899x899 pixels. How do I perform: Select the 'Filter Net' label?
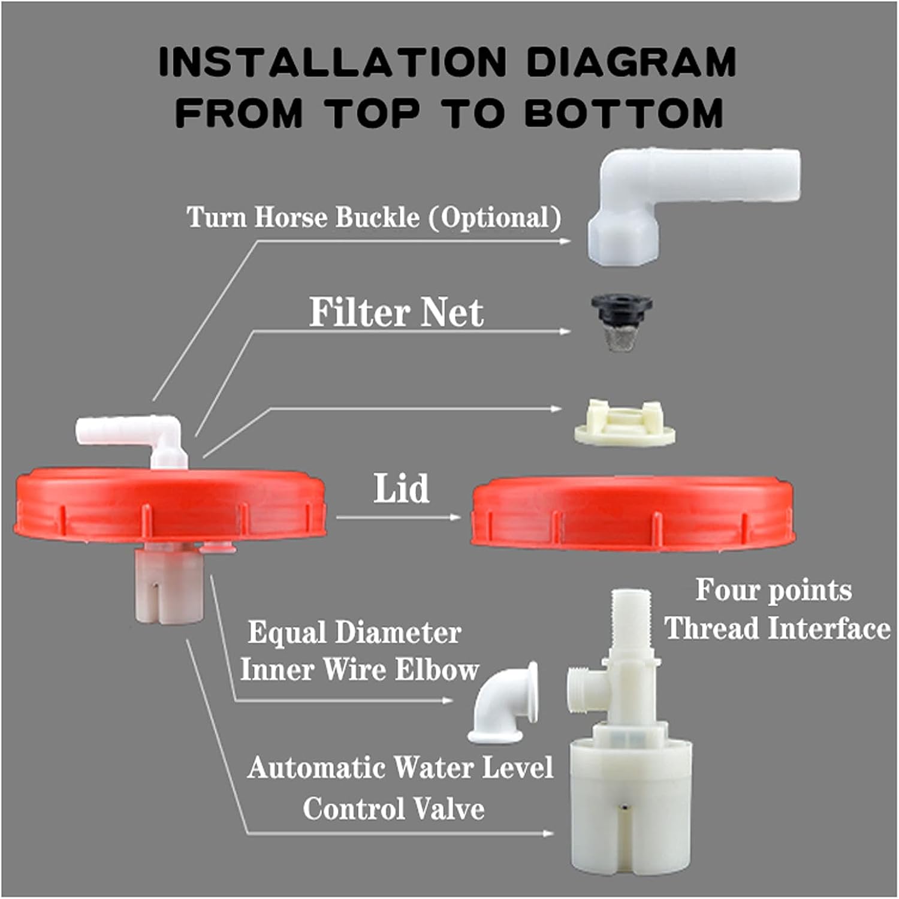pos(396,312)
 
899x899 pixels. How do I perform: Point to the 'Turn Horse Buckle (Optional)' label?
pos(373,217)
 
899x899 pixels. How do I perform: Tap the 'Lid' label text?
pos(401,488)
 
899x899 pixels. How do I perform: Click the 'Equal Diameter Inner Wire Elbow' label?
pos(358,651)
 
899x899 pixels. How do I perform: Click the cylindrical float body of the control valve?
pos(630,803)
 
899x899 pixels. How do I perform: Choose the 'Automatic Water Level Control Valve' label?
pos(399,788)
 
